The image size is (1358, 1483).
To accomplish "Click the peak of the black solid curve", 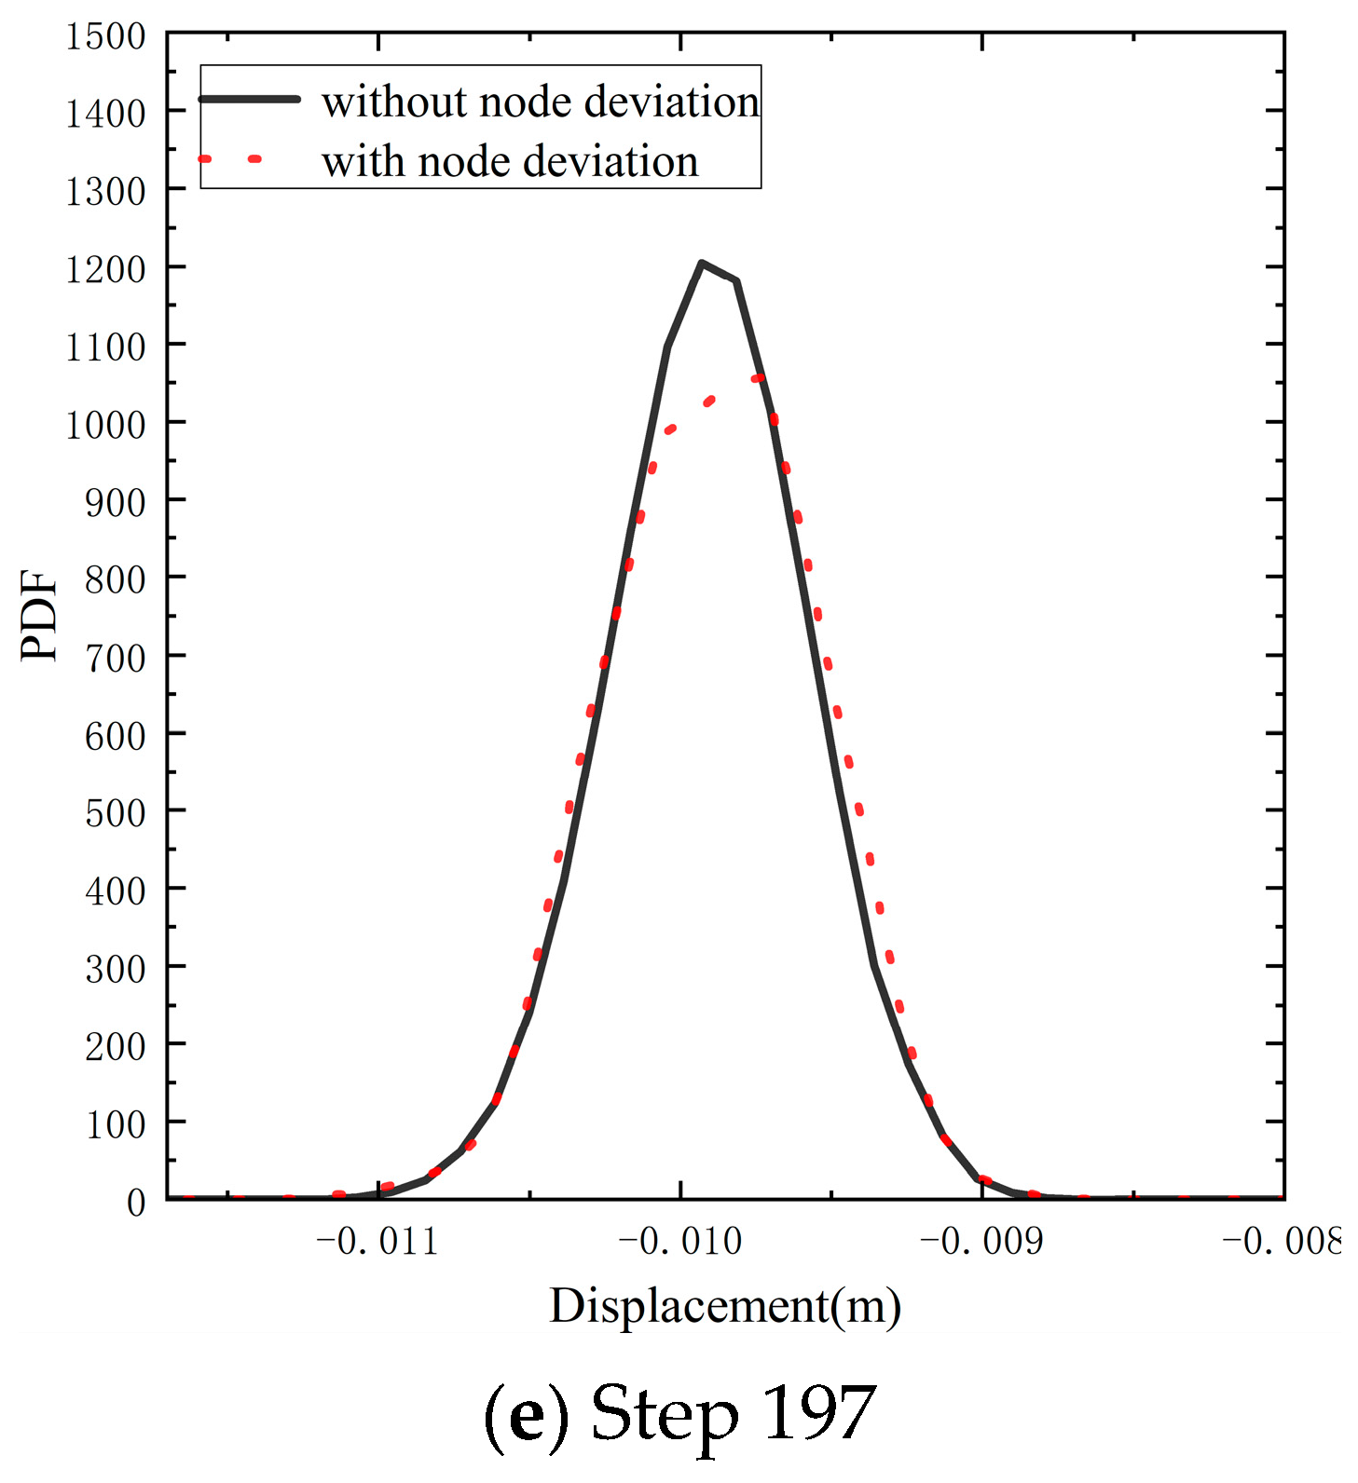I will tap(702, 264).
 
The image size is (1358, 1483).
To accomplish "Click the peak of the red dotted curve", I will tap(758, 378).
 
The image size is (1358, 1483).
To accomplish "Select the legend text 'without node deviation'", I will tap(541, 102).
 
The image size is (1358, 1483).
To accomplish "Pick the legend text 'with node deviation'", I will tap(510, 161).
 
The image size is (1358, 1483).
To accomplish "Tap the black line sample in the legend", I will tap(250, 99).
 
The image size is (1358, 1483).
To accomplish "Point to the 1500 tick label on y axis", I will tap(105, 37).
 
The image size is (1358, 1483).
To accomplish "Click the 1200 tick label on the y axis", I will tap(105, 270).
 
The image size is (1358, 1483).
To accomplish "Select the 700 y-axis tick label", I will tap(115, 659).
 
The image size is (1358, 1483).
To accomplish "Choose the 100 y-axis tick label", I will tap(115, 1125).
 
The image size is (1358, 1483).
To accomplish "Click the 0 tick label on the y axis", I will tap(136, 1203).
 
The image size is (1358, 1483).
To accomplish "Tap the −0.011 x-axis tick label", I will tap(377, 1242).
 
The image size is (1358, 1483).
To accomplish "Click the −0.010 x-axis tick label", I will tap(679, 1242).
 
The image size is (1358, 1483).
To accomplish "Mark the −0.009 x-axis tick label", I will tap(981, 1242).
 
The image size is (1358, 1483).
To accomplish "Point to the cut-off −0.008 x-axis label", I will tap(1282, 1242).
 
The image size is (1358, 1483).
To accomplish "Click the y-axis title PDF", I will tap(39, 616).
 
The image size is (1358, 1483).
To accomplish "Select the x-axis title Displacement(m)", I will tap(725, 1306).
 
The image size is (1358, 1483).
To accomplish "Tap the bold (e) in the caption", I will tap(527, 1417).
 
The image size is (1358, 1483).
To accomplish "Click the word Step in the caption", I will tap(664, 1417).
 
